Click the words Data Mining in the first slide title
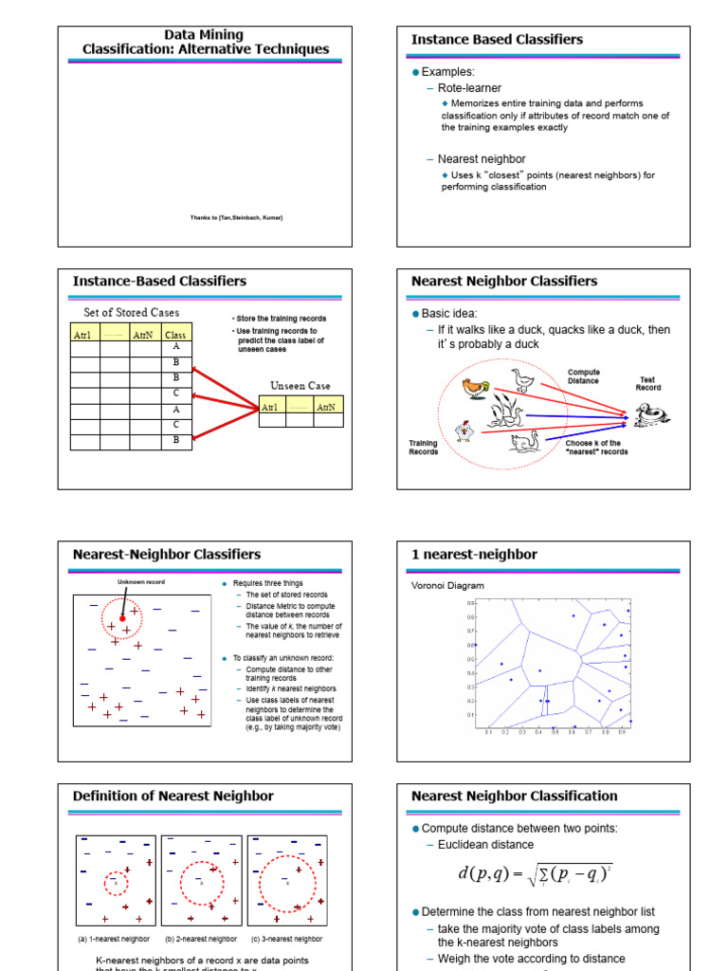coord(205,35)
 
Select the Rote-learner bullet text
coord(469,88)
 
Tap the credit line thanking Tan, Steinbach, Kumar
coord(236,218)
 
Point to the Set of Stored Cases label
coord(132,312)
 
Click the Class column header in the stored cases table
coord(175,335)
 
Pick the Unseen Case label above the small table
coord(300,386)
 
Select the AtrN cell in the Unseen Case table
coord(326,407)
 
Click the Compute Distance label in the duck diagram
coord(583,376)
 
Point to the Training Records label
coord(423,447)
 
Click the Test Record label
coord(648,384)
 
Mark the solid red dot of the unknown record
coord(122,618)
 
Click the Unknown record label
coord(141,581)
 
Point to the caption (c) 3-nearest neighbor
coord(286,939)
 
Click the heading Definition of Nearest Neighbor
coord(173,796)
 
